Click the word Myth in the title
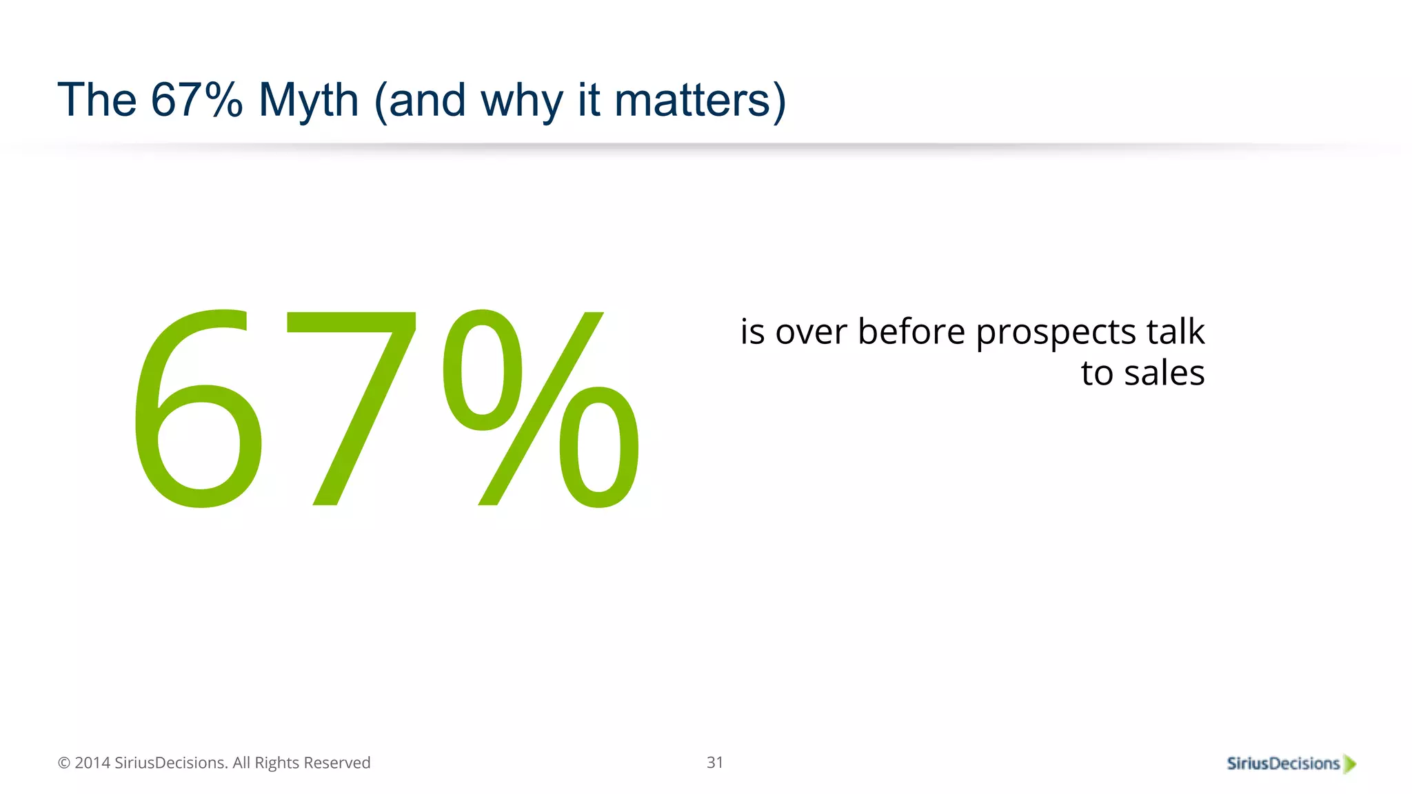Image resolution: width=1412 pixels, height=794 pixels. pos(308,101)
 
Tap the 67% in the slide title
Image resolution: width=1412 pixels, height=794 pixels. pos(196,101)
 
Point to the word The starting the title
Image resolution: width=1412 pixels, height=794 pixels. pos(97,101)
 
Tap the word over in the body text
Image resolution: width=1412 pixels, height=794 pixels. pos(811,332)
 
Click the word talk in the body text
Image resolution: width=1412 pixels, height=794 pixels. pos(1176,332)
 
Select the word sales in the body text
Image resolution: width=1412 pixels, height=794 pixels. pos(1164,374)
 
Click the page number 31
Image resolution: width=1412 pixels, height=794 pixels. pos(715,762)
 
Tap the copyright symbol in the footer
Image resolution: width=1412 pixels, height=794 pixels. pos(64,763)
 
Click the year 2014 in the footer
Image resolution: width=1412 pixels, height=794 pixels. pos(92,763)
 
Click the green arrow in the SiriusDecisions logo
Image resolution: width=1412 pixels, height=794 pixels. pos(1350,764)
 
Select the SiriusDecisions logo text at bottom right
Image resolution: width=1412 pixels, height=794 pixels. pos(1282,764)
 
